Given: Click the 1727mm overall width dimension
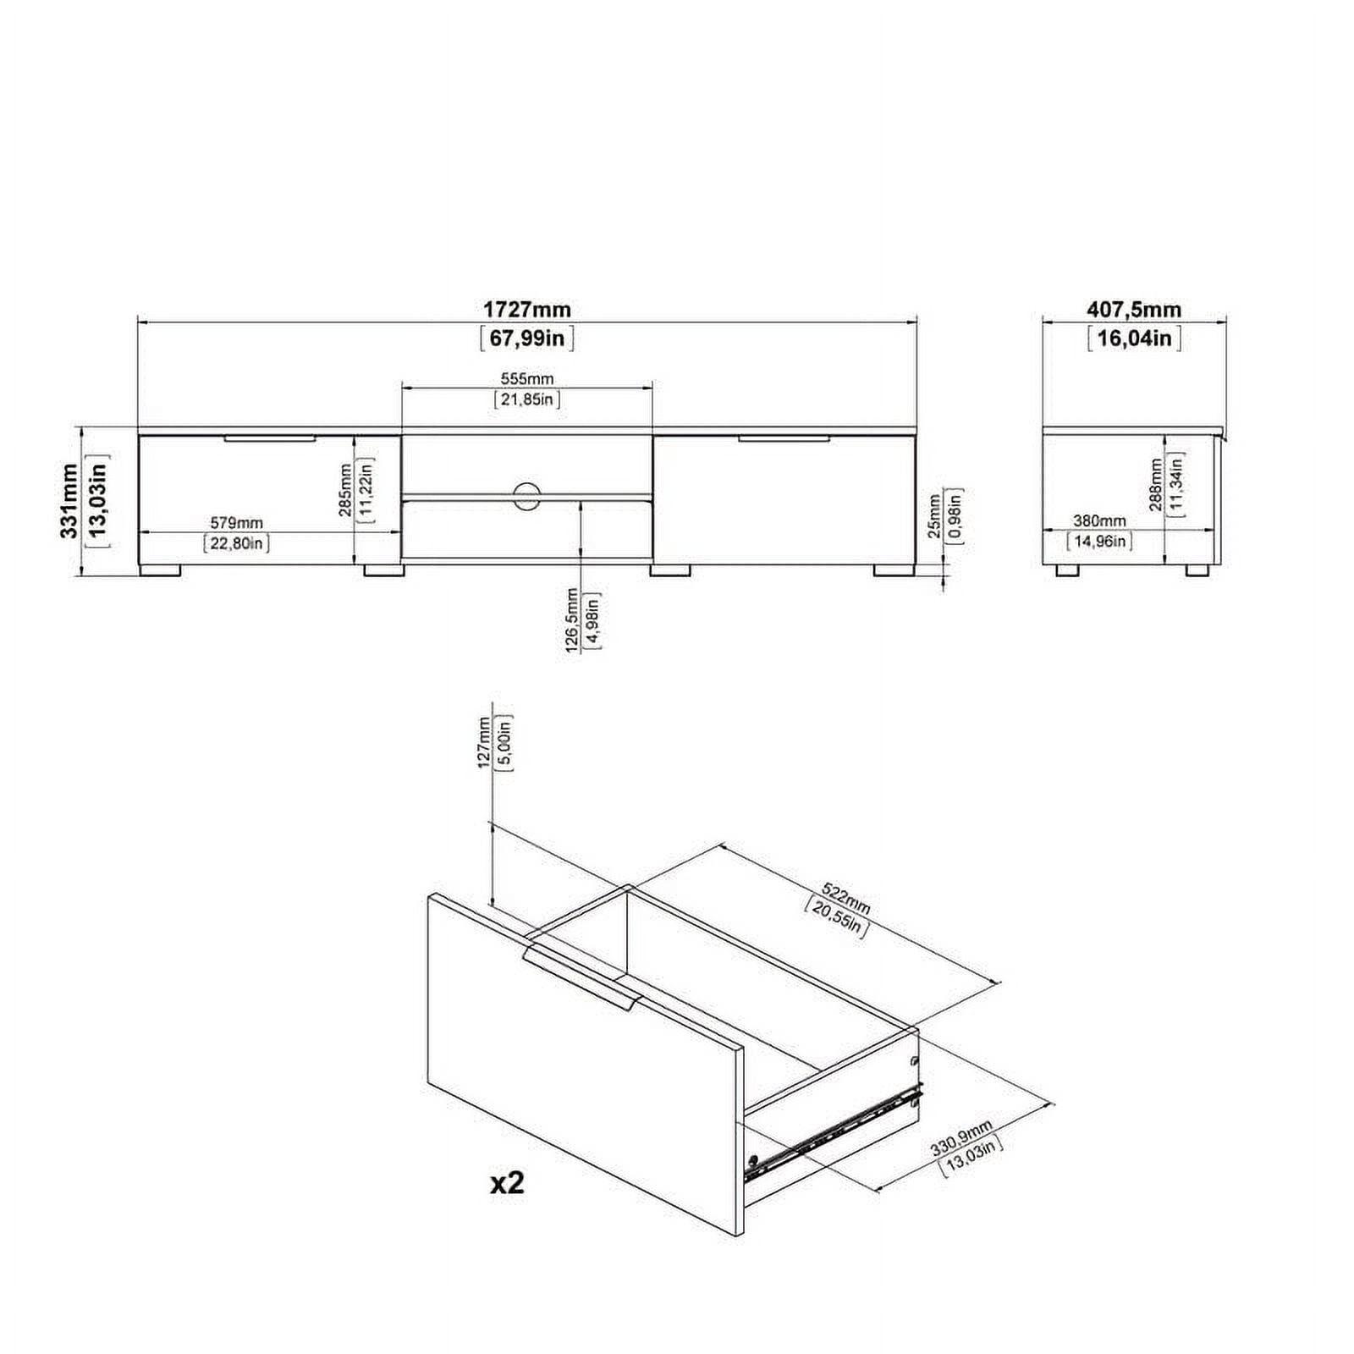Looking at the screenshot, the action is point(527,310).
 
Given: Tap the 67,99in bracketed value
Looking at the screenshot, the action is point(527,338).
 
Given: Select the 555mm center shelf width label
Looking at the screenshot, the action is point(527,379).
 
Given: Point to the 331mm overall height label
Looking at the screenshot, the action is point(69,501).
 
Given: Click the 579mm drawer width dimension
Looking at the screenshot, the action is point(236,524).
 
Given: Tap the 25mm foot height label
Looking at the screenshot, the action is point(934,517).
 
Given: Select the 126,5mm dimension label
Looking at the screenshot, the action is point(572,621).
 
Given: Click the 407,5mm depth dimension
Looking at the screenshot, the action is point(1134,310).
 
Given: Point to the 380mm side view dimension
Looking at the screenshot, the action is point(1099,521).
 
